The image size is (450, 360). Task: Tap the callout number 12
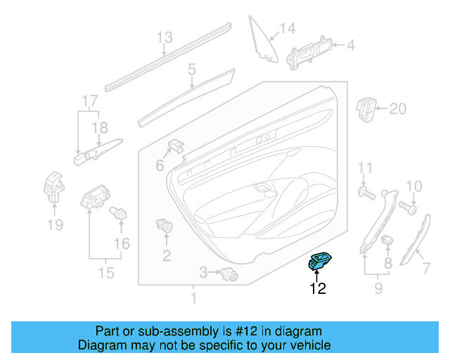(318, 288)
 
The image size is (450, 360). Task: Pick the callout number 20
(398, 108)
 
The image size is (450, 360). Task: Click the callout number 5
(191, 70)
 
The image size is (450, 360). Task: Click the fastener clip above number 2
(165, 227)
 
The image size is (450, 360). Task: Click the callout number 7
(425, 268)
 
